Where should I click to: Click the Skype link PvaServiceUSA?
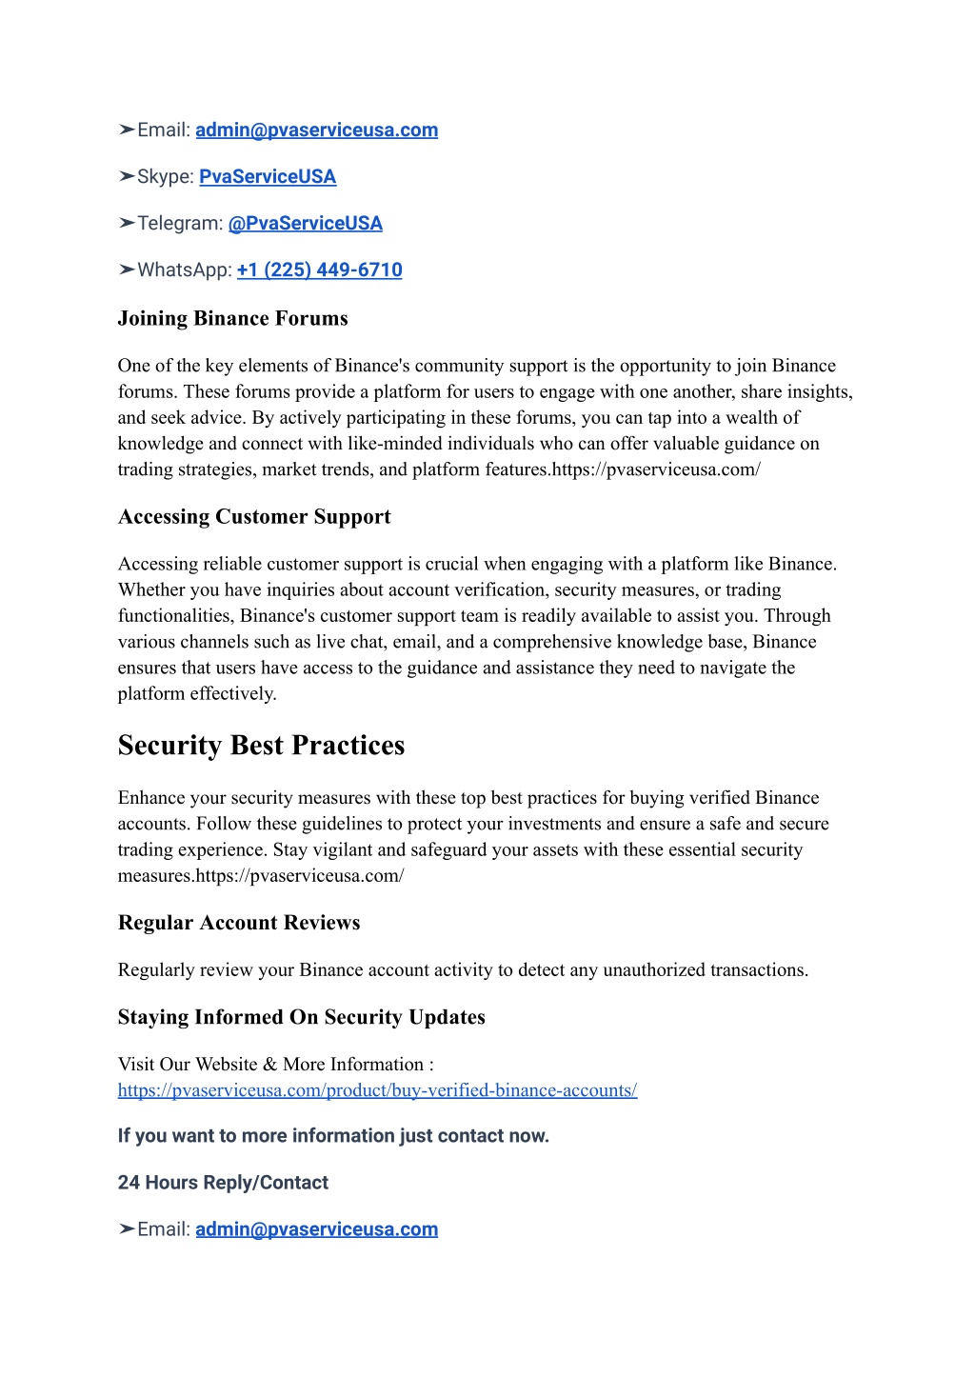[x=268, y=177]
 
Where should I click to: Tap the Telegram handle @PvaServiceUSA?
[x=305, y=224]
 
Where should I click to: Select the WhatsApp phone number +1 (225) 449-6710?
[x=319, y=270]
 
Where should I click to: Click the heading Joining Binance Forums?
[x=232, y=319]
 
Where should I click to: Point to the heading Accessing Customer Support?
[x=254, y=517]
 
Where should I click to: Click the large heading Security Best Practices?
[x=261, y=746]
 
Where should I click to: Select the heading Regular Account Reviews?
[x=239, y=923]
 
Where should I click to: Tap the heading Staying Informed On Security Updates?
[x=301, y=1017]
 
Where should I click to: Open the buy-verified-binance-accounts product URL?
[x=377, y=1090]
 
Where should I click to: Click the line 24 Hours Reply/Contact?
[x=223, y=1183]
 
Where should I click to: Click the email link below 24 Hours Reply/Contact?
[x=316, y=1229]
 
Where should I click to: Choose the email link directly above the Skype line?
[x=316, y=130]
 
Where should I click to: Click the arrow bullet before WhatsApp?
[x=127, y=270]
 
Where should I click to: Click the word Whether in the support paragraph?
[x=151, y=590]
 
